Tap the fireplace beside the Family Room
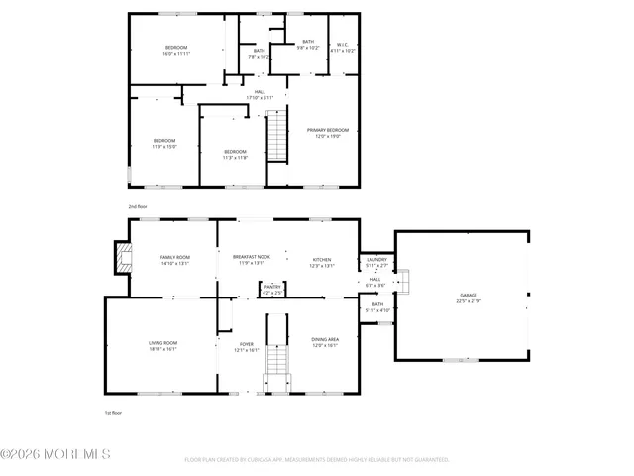click(122, 259)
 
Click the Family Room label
click(174, 260)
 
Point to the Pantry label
click(272, 289)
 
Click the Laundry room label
click(377, 263)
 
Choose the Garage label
click(468, 298)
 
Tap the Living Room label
click(161, 346)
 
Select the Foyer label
click(246, 346)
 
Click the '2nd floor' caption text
click(138, 206)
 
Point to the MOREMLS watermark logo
click(55, 454)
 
